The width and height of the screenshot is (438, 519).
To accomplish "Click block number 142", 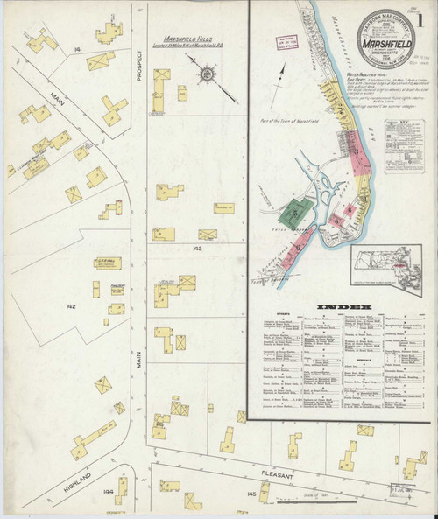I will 71,306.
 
